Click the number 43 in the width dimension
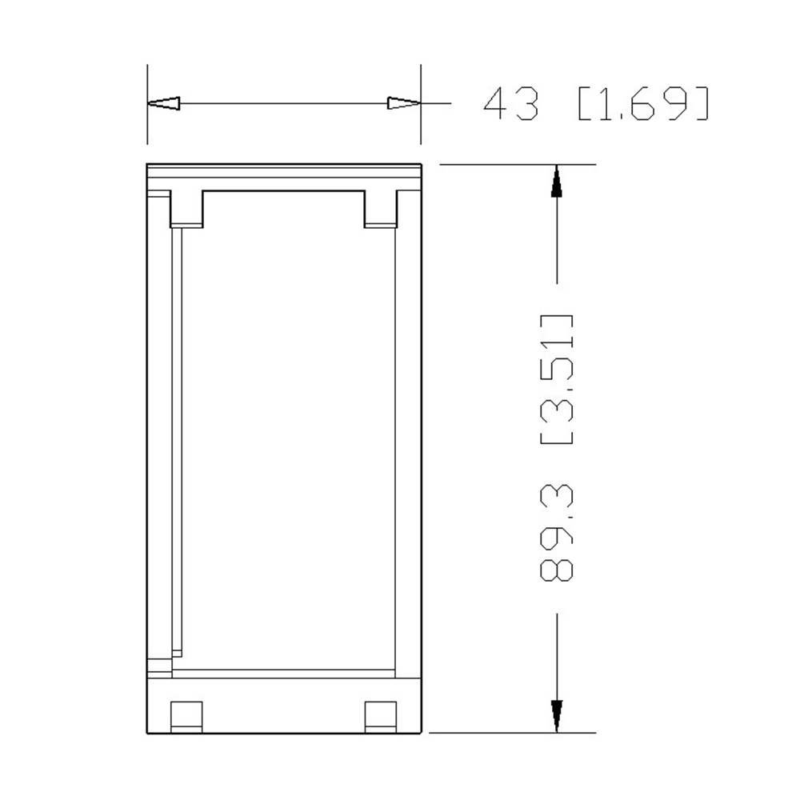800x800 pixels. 512,104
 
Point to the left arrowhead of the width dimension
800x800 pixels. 164,103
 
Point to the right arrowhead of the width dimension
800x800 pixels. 403,103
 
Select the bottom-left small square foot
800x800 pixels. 187,715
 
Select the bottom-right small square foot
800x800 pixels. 381,715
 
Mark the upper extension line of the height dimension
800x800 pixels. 512,164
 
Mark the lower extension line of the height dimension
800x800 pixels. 512,732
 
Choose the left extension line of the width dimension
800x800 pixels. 147,128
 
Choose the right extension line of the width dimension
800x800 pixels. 421,128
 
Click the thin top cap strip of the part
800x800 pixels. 284,170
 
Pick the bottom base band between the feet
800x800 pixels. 284,704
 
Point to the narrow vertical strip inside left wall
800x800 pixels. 177,440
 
